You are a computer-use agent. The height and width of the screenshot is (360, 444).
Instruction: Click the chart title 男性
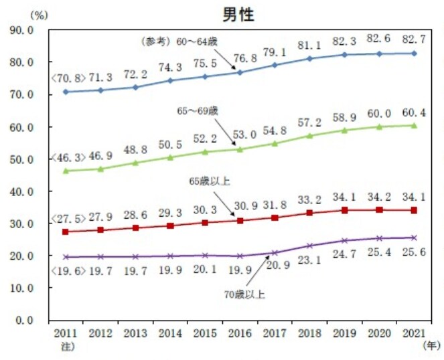click(238, 14)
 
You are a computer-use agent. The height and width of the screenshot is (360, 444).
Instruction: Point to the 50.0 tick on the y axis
click(22, 159)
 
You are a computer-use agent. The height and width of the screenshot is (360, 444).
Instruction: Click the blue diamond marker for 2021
click(414, 54)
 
